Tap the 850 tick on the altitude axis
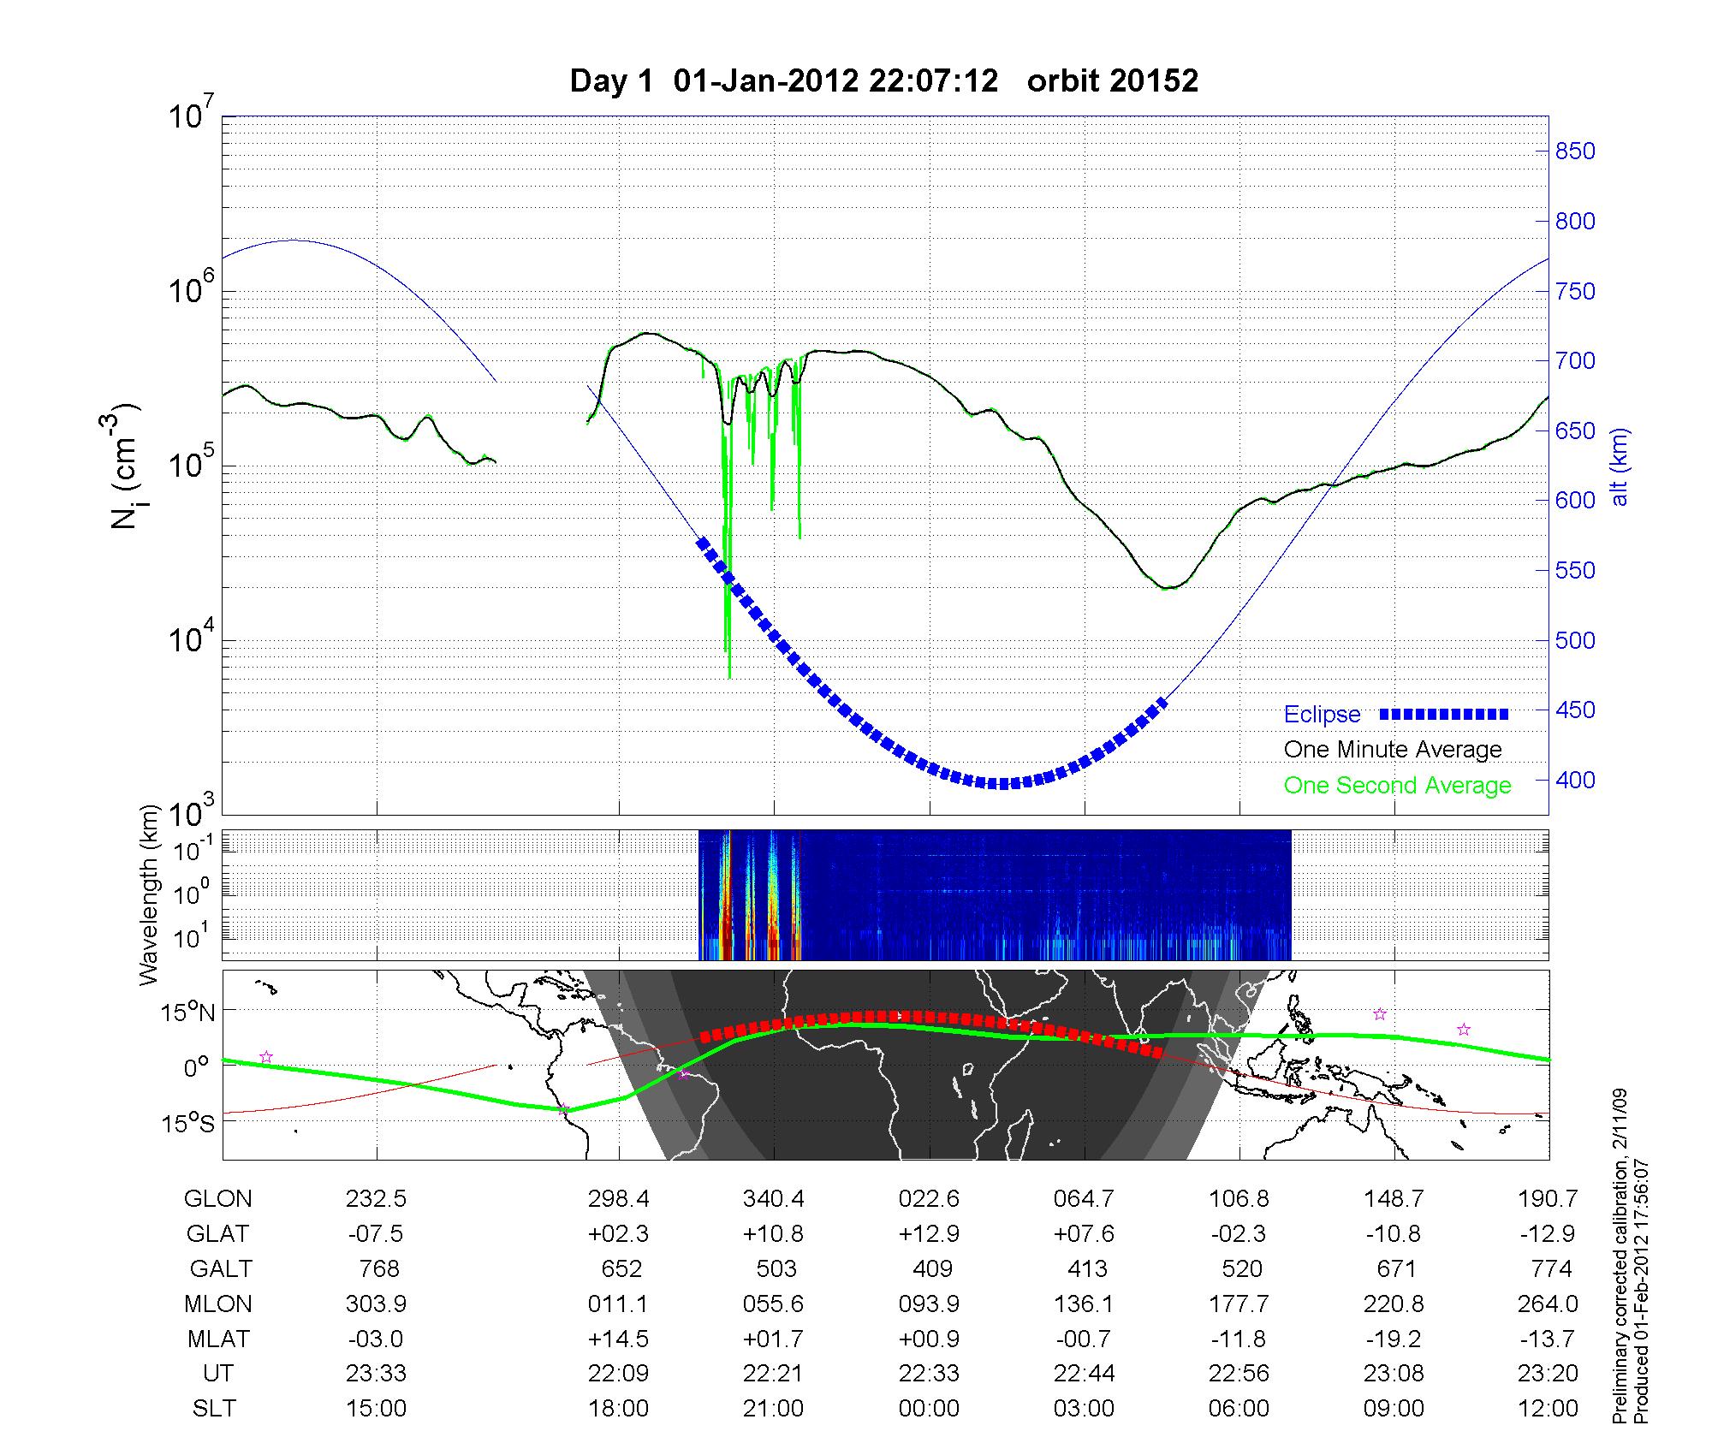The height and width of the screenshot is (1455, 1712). pyautogui.click(x=1575, y=151)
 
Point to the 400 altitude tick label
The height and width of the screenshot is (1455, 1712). pyautogui.click(x=1575, y=781)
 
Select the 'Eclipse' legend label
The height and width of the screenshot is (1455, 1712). pyautogui.click(x=1322, y=715)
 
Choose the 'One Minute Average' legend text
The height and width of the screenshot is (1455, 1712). pyautogui.click(x=1393, y=750)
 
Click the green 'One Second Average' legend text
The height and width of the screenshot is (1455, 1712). pyautogui.click(x=1397, y=786)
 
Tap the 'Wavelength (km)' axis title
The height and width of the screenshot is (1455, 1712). pyautogui.click(x=151, y=894)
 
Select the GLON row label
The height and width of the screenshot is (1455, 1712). pyautogui.click(x=217, y=1199)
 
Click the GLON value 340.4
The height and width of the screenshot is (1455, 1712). pyautogui.click(x=774, y=1199)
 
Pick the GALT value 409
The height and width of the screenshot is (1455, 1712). pyautogui.click(x=932, y=1268)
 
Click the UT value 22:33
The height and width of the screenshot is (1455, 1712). pyautogui.click(x=929, y=1374)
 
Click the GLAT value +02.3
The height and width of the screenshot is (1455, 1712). pyautogui.click(x=618, y=1234)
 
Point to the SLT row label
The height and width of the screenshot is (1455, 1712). pyautogui.click(x=214, y=1409)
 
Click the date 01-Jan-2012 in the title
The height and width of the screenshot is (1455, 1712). pyautogui.click(x=766, y=81)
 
